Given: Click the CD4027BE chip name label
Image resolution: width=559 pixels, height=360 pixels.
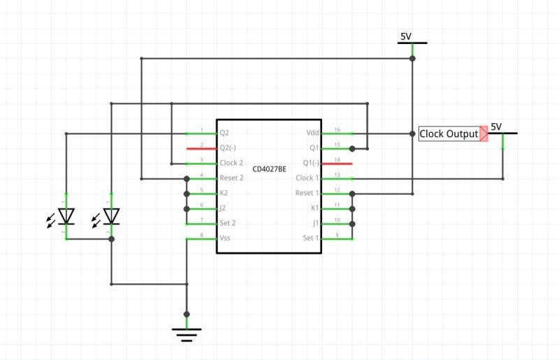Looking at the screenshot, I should click(269, 170).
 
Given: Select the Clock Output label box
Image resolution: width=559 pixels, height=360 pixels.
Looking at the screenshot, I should click(449, 134).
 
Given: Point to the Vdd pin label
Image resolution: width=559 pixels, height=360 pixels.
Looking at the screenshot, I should click(312, 133).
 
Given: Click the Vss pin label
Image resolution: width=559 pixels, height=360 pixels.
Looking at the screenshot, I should click(225, 238).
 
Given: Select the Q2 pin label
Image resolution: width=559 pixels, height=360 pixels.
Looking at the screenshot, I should click(224, 132).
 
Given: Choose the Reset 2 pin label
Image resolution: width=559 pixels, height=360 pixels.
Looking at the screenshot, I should click(231, 178).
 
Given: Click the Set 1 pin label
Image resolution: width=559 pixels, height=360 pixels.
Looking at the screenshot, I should click(310, 238).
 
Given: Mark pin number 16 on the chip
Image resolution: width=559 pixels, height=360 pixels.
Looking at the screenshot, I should click(337, 130).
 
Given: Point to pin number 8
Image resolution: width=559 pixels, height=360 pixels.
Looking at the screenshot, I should click(201, 236).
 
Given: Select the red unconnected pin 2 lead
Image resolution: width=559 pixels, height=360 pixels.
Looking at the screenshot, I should click(201, 148).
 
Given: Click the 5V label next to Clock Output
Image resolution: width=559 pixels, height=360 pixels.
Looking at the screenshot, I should click(496, 127).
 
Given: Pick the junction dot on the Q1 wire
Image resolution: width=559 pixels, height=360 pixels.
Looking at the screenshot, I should click(352, 148).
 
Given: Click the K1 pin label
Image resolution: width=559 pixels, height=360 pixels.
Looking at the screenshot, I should click(314, 208).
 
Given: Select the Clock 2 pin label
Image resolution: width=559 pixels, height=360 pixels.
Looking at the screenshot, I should click(231, 163).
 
